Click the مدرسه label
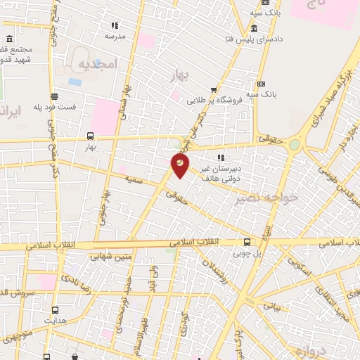click(x=115, y=35)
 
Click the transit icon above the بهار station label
click(x=90, y=136)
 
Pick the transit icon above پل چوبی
click(x=246, y=239)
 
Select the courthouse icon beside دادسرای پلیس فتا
click(x=252, y=28)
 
